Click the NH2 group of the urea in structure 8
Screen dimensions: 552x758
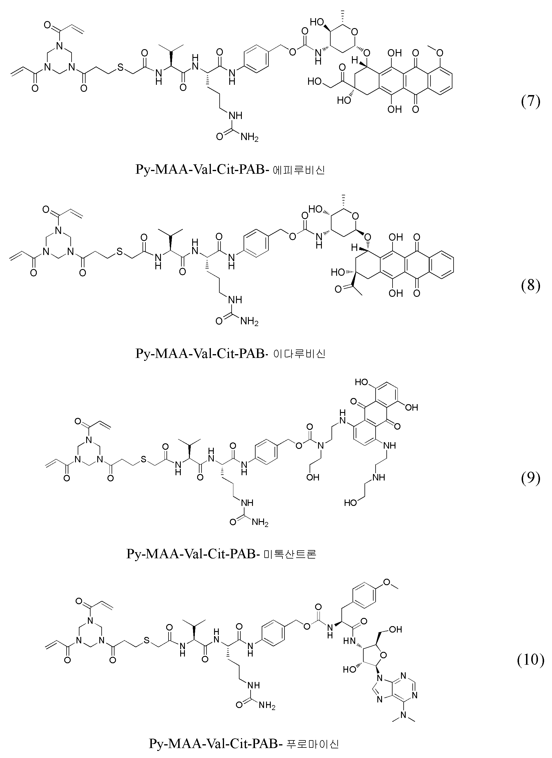(249, 322)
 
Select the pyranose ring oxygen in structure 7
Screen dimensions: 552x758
(354, 32)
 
